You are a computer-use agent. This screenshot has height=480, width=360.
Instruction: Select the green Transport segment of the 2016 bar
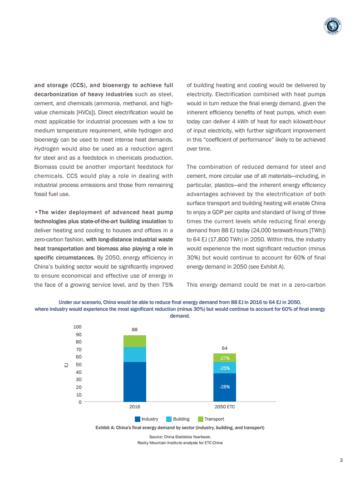pyautogui.click(x=135, y=341)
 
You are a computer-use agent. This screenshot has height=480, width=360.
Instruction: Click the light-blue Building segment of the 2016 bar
pyautogui.click(x=135, y=355)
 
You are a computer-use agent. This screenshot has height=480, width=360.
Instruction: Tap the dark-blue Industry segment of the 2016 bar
pyautogui.click(x=135, y=382)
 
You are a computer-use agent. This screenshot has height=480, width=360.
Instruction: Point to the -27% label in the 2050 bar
pyautogui.click(x=224, y=358)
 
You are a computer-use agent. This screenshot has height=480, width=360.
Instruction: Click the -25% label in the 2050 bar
pyautogui.click(x=224, y=368)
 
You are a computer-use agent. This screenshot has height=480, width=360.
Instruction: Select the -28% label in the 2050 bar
pyautogui.click(x=224, y=387)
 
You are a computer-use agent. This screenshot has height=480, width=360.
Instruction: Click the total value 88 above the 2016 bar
pyautogui.click(x=135, y=330)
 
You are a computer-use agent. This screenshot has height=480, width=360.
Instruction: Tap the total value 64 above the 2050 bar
pyautogui.click(x=224, y=348)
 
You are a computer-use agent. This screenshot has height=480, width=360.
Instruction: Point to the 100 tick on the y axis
pyautogui.click(x=77, y=327)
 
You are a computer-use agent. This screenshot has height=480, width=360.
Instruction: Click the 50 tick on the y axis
pyautogui.click(x=79, y=364)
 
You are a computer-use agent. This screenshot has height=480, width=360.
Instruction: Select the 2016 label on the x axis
pyautogui.click(x=135, y=407)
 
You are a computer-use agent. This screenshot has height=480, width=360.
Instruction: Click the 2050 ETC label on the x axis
pyautogui.click(x=224, y=407)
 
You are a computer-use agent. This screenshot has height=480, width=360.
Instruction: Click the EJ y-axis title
pyautogui.click(x=66, y=365)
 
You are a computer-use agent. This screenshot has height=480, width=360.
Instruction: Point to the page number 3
pyautogui.click(x=341, y=460)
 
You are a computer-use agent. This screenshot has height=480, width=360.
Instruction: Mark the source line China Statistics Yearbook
pyautogui.click(x=180, y=436)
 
